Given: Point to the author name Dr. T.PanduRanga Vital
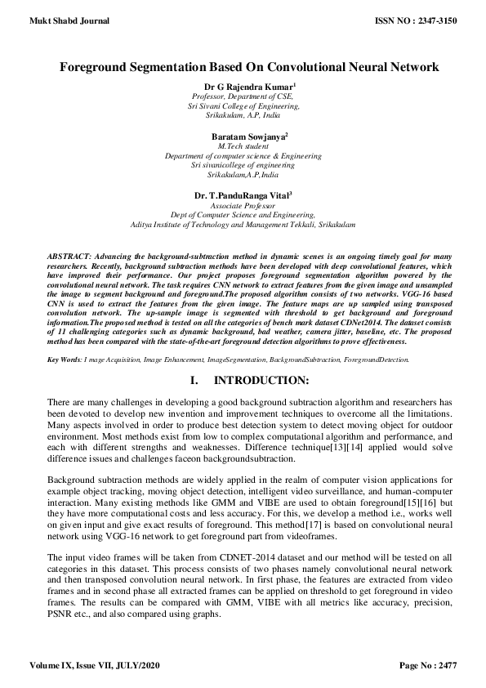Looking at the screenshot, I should [242, 195].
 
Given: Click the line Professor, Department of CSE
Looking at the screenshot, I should [243, 96].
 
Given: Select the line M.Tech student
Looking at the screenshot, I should [243, 145].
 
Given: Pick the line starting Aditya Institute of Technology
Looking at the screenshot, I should [243, 224].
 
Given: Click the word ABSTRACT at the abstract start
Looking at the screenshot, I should [69, 257].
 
